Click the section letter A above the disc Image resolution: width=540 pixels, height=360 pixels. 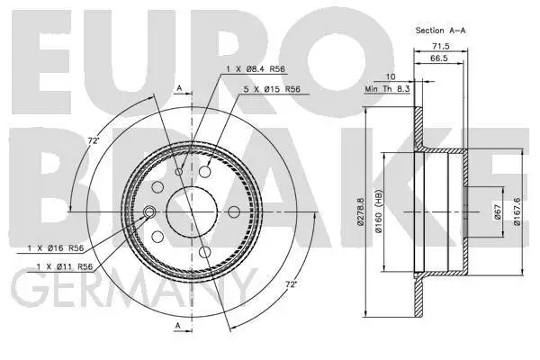(179, 86)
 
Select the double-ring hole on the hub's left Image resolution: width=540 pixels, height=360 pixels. (150, 211)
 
